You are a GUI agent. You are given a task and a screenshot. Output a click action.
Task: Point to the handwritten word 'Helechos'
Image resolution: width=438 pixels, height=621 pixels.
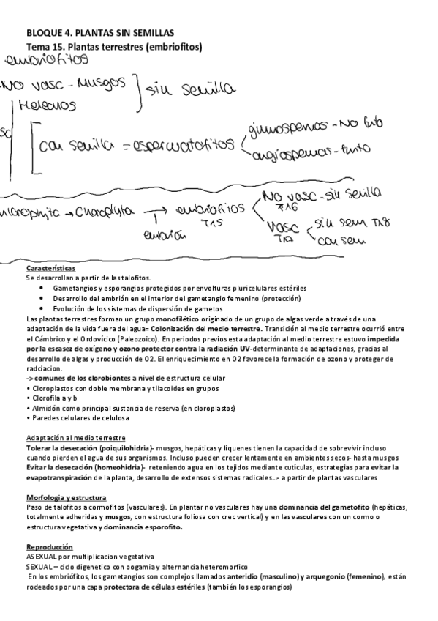48,106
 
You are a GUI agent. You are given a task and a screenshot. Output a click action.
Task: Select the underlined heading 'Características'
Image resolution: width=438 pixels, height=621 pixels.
50,269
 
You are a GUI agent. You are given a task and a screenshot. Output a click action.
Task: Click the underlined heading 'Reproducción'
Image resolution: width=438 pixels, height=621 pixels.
49,546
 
